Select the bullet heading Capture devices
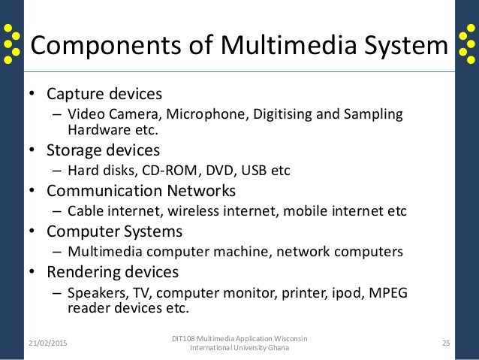tap(104, 95)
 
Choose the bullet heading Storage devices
tap(104, 150)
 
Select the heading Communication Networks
tap(141, 190)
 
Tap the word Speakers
tap(94, 292)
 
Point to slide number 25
tap(446, 343)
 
